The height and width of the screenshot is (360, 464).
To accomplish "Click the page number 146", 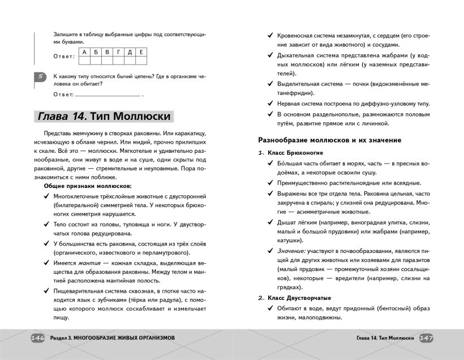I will pos(37,338).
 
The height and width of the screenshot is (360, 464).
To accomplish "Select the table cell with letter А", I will pos(84,53).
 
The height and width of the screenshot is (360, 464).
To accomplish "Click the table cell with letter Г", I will pos(118,53).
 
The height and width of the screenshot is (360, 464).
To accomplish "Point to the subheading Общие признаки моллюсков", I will pos(87,186).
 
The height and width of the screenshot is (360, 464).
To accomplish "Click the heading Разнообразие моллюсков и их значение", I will pos(329,140).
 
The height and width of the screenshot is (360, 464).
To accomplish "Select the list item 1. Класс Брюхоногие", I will pos(290,153).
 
